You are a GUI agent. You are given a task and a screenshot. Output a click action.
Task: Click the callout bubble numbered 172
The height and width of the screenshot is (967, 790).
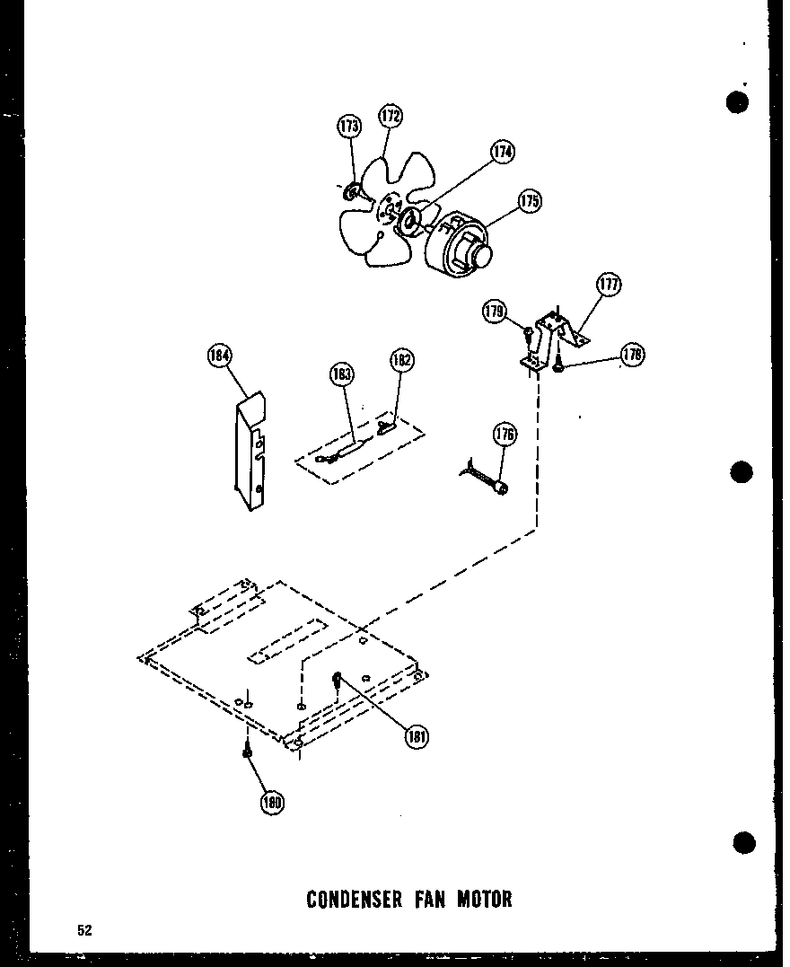(x=390, y=116)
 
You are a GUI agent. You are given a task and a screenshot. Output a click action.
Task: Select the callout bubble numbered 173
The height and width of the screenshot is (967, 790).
(x=349, y=126)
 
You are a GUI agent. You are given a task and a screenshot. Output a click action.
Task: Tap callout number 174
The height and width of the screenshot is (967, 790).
(x=502, y=152)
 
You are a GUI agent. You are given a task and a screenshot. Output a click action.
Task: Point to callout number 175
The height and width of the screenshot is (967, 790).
(x=530, y=201)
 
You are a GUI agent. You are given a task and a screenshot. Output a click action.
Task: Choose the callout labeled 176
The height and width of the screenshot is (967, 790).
(x=505, y=435)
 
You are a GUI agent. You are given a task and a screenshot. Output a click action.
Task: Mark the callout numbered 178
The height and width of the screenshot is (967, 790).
(x=632, y=356)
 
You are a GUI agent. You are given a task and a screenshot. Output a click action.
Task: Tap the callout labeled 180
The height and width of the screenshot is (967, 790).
(x=271, y=804)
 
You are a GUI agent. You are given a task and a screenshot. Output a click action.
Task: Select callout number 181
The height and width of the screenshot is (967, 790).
(x=416, y=737)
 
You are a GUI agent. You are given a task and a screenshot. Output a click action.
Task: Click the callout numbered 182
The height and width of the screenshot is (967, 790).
(x=401, y=361)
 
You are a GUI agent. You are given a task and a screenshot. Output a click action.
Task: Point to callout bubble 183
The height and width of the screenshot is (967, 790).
(x=341, y=374)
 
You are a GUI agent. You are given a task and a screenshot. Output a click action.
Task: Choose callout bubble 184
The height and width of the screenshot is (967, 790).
(x=219, y=356)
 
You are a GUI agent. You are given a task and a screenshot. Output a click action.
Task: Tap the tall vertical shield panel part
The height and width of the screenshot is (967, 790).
(x=250, y=453)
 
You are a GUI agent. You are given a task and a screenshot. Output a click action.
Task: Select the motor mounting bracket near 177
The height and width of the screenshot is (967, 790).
(x=552, y=336)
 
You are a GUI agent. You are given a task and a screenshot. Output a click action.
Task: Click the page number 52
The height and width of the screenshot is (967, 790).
(x=83, y=930)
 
